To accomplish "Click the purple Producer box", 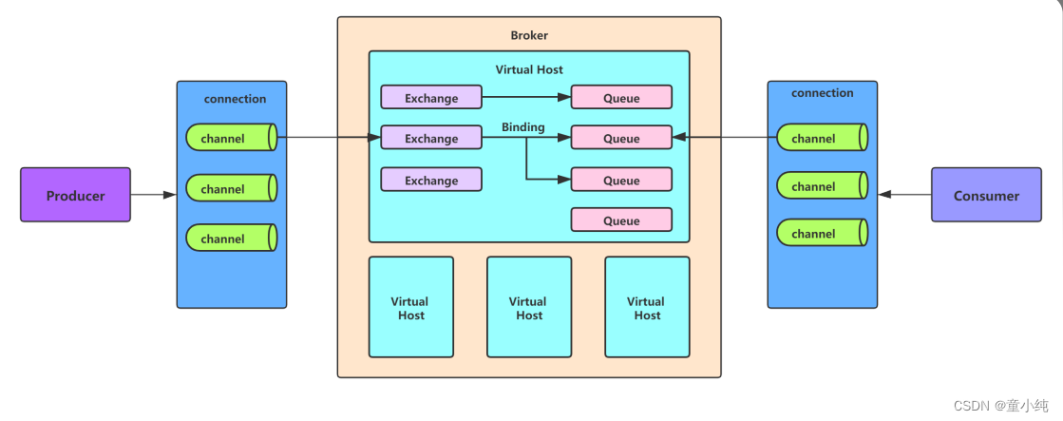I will click(x=75, y=195).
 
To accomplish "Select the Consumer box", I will click(x=985, y=195).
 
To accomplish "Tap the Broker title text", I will click(x=529, y=35).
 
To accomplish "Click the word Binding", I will click(x=523, y=127).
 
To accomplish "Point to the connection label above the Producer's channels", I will click(x=235, y=99).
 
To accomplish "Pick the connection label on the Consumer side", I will click(x=822, y=93).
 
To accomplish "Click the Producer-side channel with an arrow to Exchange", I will click(x=230, y=138).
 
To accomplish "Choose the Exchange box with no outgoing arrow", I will click(x=431, y=180).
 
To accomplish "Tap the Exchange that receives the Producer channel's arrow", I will click(x=431, y=138).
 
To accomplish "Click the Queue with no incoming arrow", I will click(x=621, y=220).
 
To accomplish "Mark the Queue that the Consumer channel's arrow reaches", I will click(x=621, y=138).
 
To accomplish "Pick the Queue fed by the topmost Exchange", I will click(x=621, y=98).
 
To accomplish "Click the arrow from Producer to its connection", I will click(x=153, y=195).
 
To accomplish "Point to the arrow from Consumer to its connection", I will click(x=904, y=195).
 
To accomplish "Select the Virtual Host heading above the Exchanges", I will click(x=529, y=69).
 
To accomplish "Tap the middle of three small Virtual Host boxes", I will click(x=529, y=307).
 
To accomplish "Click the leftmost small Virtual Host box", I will click(x=410, y=307).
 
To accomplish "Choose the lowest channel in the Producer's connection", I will click(x=230, y=238).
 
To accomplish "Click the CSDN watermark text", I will click(x=1008, y=404).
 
